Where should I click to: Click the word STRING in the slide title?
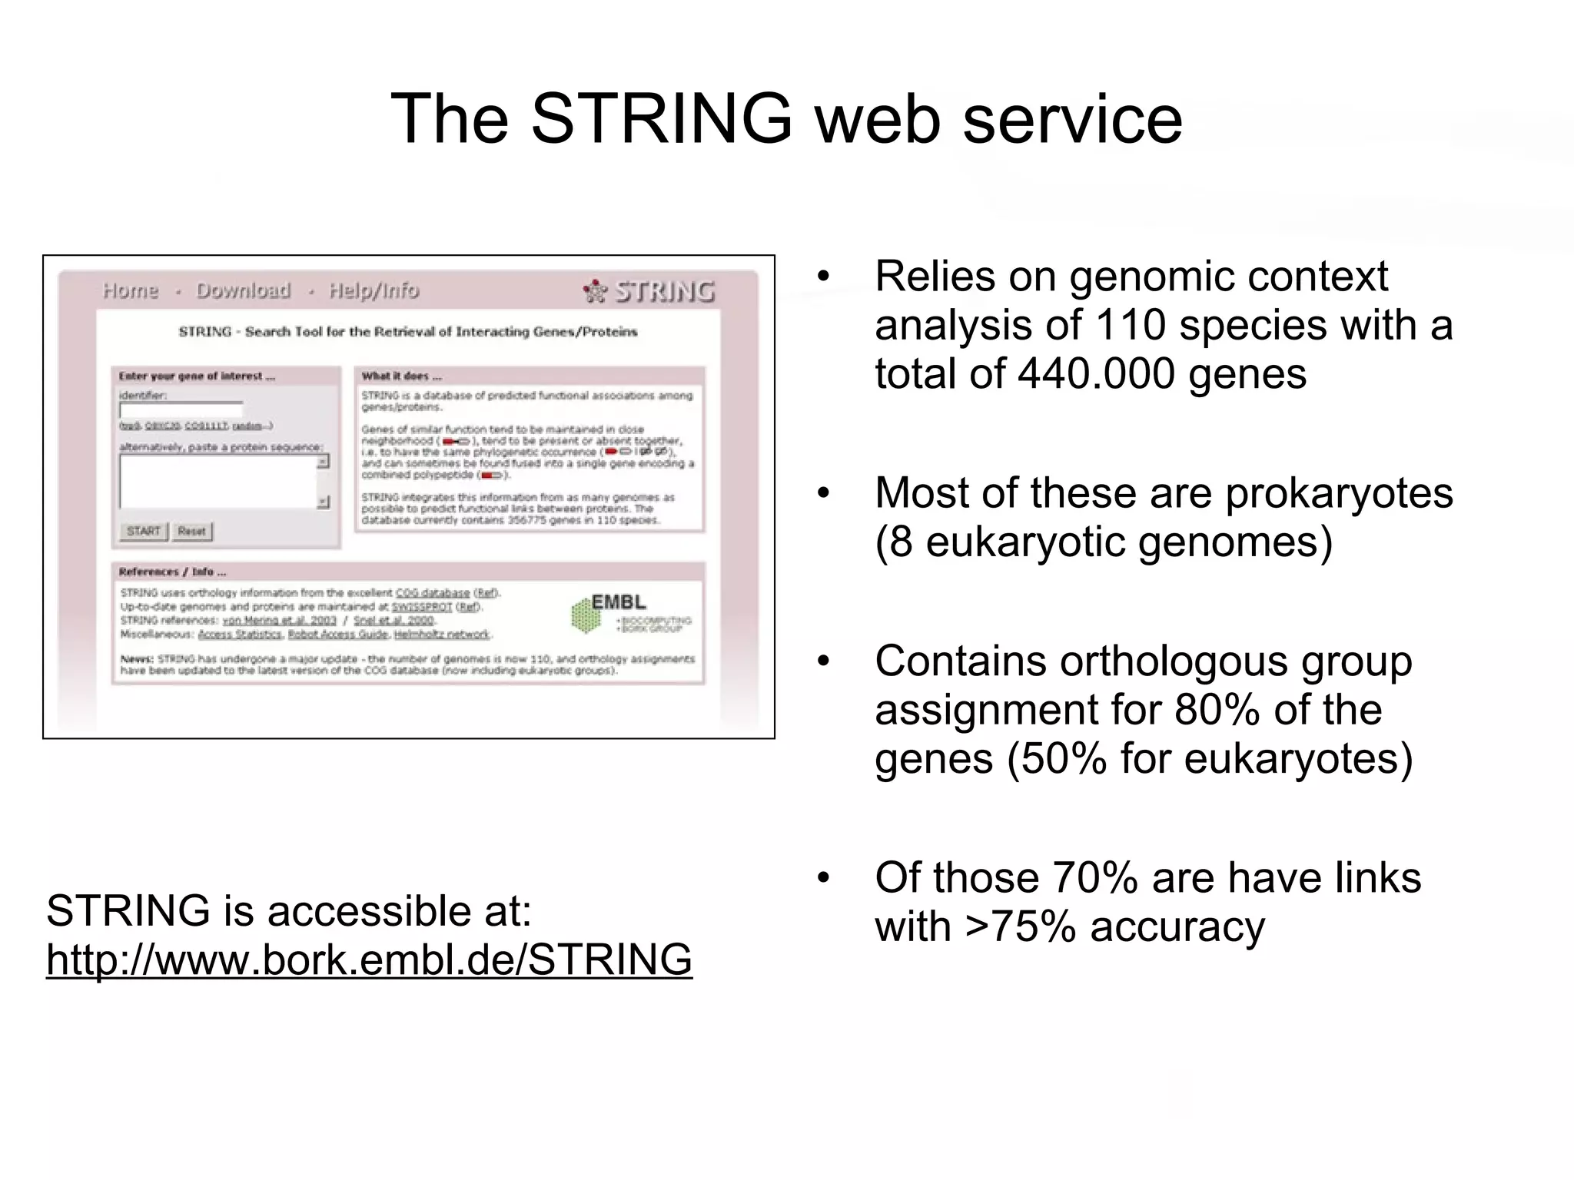tap(660, 119)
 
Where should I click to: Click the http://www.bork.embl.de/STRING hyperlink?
tap(369, 960)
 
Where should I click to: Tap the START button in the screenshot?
tap(144, 531)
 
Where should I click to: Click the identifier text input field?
tap(181, 409)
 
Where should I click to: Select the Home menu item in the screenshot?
tap(131, 290)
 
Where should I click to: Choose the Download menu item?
tap(244, 290)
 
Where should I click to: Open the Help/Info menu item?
tap(374, 290)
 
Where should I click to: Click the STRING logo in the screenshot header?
tap(650, 291)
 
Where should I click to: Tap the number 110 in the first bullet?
tap(1131, 325)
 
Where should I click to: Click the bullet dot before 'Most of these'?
tap(824, 492)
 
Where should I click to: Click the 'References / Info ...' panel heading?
tap(172, 572)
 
